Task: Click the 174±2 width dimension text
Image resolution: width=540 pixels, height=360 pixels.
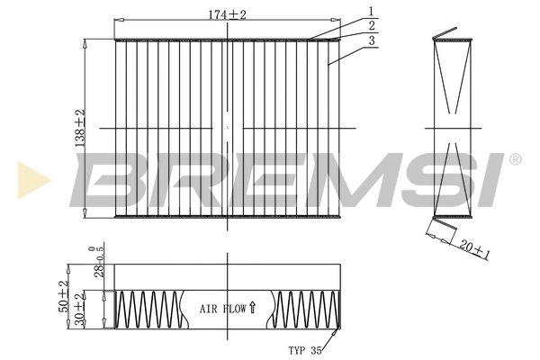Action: (x=228, y=15)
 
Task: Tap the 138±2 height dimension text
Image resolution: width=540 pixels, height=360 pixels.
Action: (x=79, y=128)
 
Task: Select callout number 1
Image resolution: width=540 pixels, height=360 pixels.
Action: (x=370, y=12)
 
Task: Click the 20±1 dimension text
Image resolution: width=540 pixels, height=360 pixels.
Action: (x=473, y=248)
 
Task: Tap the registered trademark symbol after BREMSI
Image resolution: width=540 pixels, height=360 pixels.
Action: (x=515, y=159)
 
